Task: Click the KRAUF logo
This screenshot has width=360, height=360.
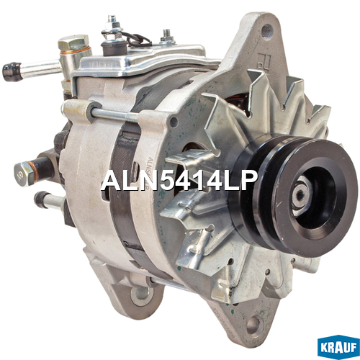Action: pyautogui.click(x=338, y=347)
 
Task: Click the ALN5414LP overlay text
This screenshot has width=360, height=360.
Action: pyautogui.click(x=179, y=181)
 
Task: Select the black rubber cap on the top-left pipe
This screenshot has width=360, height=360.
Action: pyautogui.click(x=12, y=71)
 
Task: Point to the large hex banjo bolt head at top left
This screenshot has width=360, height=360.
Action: pyautogui.click(x=73, y=43)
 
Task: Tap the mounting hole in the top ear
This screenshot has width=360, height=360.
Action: pyautogui.click(x=267, y=31)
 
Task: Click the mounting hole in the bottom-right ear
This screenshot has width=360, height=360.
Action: pyautogui.click(x=255, y=325)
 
